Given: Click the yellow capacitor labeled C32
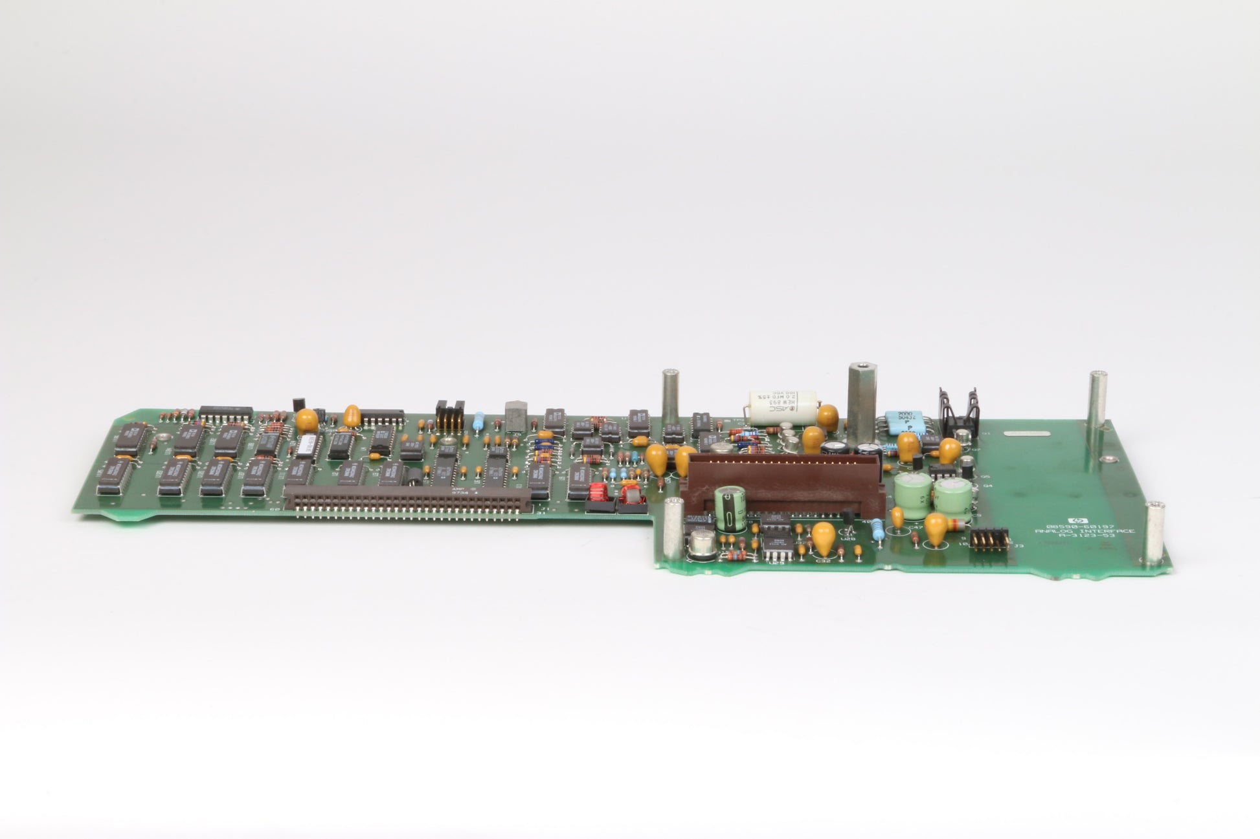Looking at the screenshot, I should pyautogui.click(x=824, y=539).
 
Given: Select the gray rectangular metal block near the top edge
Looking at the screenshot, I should pyautogui.click(x=515, y=415).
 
